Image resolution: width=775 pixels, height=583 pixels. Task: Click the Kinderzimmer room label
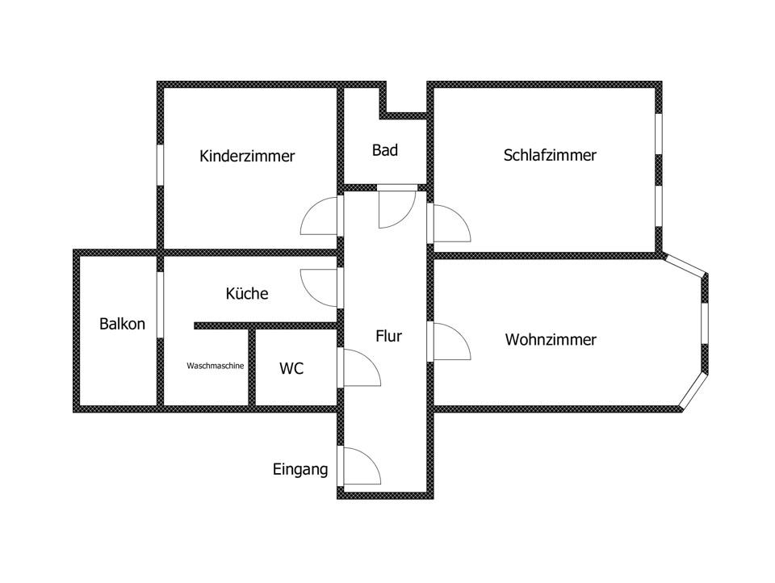(247, 156)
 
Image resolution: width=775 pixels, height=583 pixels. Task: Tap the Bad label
(385, 150)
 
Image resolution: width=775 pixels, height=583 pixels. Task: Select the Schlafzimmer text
(550, 155)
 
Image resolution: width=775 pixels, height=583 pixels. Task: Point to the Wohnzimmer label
(551, 340)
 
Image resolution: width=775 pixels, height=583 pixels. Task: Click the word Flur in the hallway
(388, 336)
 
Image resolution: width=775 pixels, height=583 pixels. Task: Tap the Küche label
(247, 294)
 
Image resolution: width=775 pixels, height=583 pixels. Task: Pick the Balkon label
(122, 324)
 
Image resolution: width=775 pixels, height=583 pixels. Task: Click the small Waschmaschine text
(216, 366)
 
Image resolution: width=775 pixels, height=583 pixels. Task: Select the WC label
(291, 369)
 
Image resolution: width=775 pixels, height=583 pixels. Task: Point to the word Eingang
(300, 469)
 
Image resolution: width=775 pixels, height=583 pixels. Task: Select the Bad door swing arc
(396, 208)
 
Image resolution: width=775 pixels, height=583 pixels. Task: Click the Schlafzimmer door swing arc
(450, 224)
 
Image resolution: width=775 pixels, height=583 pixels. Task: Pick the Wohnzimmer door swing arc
(451, 342)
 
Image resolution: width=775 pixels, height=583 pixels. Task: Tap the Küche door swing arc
(320, 287)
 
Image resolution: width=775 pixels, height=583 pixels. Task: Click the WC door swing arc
(361, 368)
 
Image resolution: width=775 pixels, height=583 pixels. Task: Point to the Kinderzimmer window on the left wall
(161, 165)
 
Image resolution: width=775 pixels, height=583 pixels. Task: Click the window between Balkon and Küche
(161, 304)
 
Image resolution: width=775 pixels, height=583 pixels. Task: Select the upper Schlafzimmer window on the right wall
(658, 132)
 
